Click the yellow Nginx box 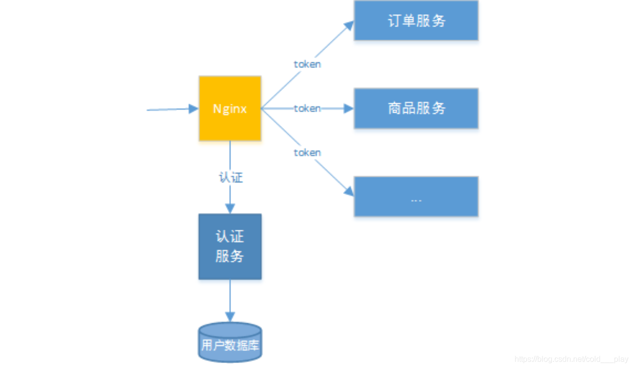[230, 108]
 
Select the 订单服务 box [416, 21]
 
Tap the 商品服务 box [416, 108]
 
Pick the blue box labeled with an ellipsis [416, 196]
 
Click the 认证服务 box [230, 246]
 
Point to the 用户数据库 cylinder [230, 342]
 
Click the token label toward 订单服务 [307, 64]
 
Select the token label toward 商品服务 [307, 108]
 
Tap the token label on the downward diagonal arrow [307, 153]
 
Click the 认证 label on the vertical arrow [230, 177]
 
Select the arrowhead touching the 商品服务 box [349, 108]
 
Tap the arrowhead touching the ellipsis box [349, 191]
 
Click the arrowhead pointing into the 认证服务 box [230, 209]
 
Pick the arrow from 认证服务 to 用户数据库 [230, 300]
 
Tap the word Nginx [230, 109]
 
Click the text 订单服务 [416, 21]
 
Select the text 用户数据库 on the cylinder [230, 345]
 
